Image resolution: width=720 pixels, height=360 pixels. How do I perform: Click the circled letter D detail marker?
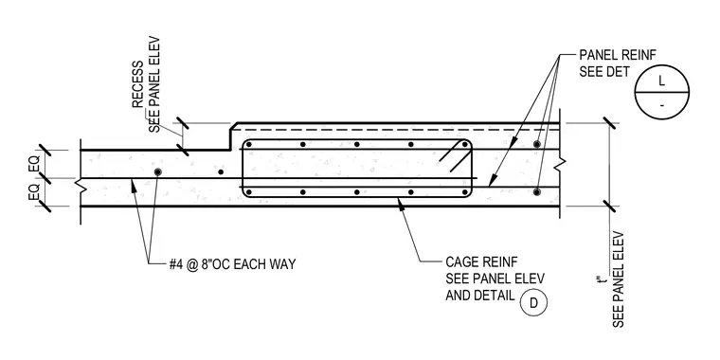point(533,303)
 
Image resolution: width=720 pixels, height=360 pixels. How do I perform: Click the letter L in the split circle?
point(661,81)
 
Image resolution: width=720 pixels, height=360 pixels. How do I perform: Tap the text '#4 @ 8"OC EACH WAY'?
point(233,264)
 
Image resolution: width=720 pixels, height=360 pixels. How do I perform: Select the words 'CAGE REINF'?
point(481,262)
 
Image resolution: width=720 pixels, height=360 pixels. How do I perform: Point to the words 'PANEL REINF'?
point(618,55)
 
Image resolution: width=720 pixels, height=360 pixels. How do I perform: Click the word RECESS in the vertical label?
point(138,84)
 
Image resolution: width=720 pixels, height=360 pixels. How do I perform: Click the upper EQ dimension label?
point(34,164)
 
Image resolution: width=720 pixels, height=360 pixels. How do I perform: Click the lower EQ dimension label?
point(34,192)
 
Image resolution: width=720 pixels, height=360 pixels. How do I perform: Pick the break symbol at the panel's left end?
point(80,186)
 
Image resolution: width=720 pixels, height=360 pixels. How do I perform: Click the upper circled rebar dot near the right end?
point(536,144)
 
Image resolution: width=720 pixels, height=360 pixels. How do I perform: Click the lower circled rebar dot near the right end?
point(536,191)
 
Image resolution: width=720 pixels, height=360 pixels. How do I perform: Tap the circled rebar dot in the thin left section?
point(158,171)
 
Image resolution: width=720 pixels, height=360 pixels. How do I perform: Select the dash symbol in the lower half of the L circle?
point(661,106)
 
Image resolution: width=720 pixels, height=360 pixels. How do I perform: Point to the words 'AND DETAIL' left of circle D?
point(480,296)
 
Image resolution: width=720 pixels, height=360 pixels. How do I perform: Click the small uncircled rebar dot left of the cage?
point(221,172)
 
